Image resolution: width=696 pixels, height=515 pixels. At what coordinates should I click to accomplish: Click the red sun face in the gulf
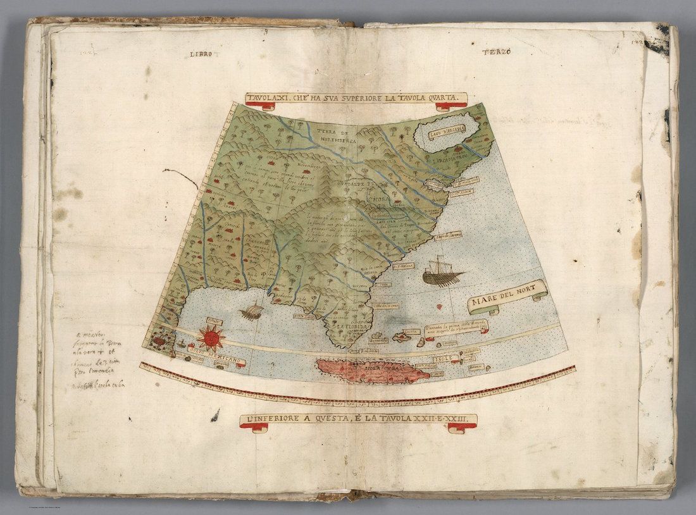(x=211, y=337)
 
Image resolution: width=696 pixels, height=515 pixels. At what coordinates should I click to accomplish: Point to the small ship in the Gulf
(x=251, y=311)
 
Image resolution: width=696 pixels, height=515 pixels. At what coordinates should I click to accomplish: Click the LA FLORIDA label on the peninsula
(x=352, y=326)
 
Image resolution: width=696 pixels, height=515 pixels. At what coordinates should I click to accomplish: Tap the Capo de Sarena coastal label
(x=448, y=235)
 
